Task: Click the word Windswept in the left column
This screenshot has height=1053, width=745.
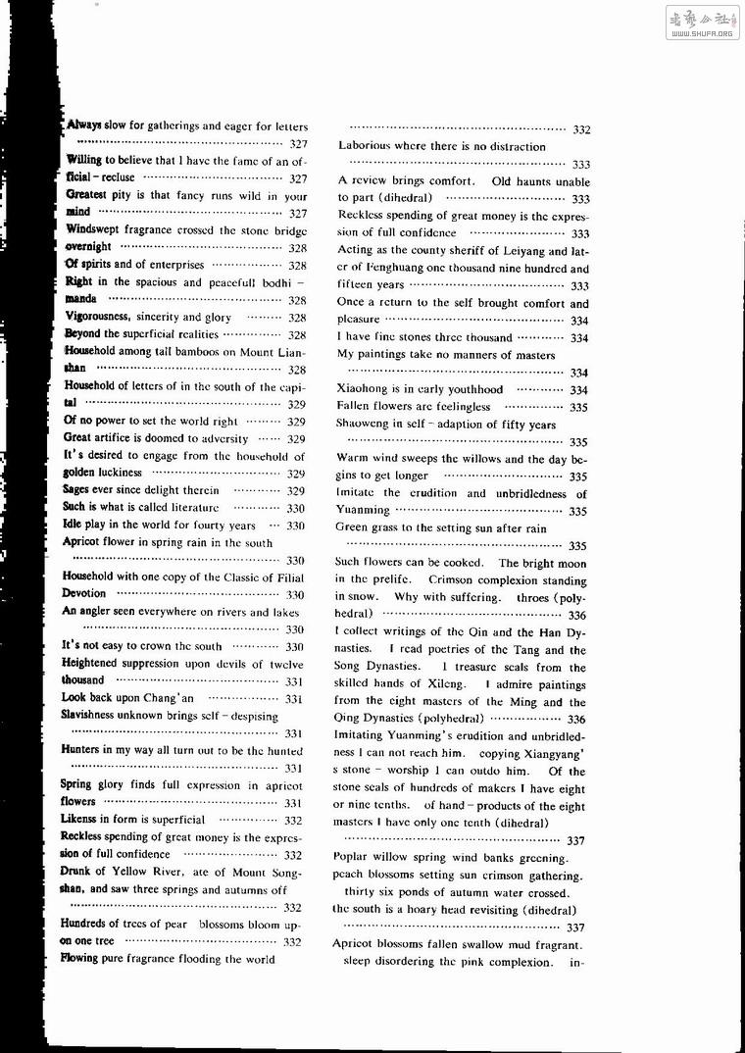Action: point(93,229)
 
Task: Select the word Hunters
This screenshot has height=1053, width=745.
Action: point(81,750)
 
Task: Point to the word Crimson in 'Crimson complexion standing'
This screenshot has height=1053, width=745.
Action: point(450,579)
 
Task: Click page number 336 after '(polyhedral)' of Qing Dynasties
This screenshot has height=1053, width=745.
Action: point(576,720)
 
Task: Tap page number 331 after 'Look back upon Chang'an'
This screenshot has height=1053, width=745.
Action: point(294,698)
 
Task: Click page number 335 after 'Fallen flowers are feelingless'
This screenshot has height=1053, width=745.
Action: point(577,407)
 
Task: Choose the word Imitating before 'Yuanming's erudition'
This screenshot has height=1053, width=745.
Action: point(363,737)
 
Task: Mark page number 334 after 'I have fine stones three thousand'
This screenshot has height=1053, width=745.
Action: point(578,338)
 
